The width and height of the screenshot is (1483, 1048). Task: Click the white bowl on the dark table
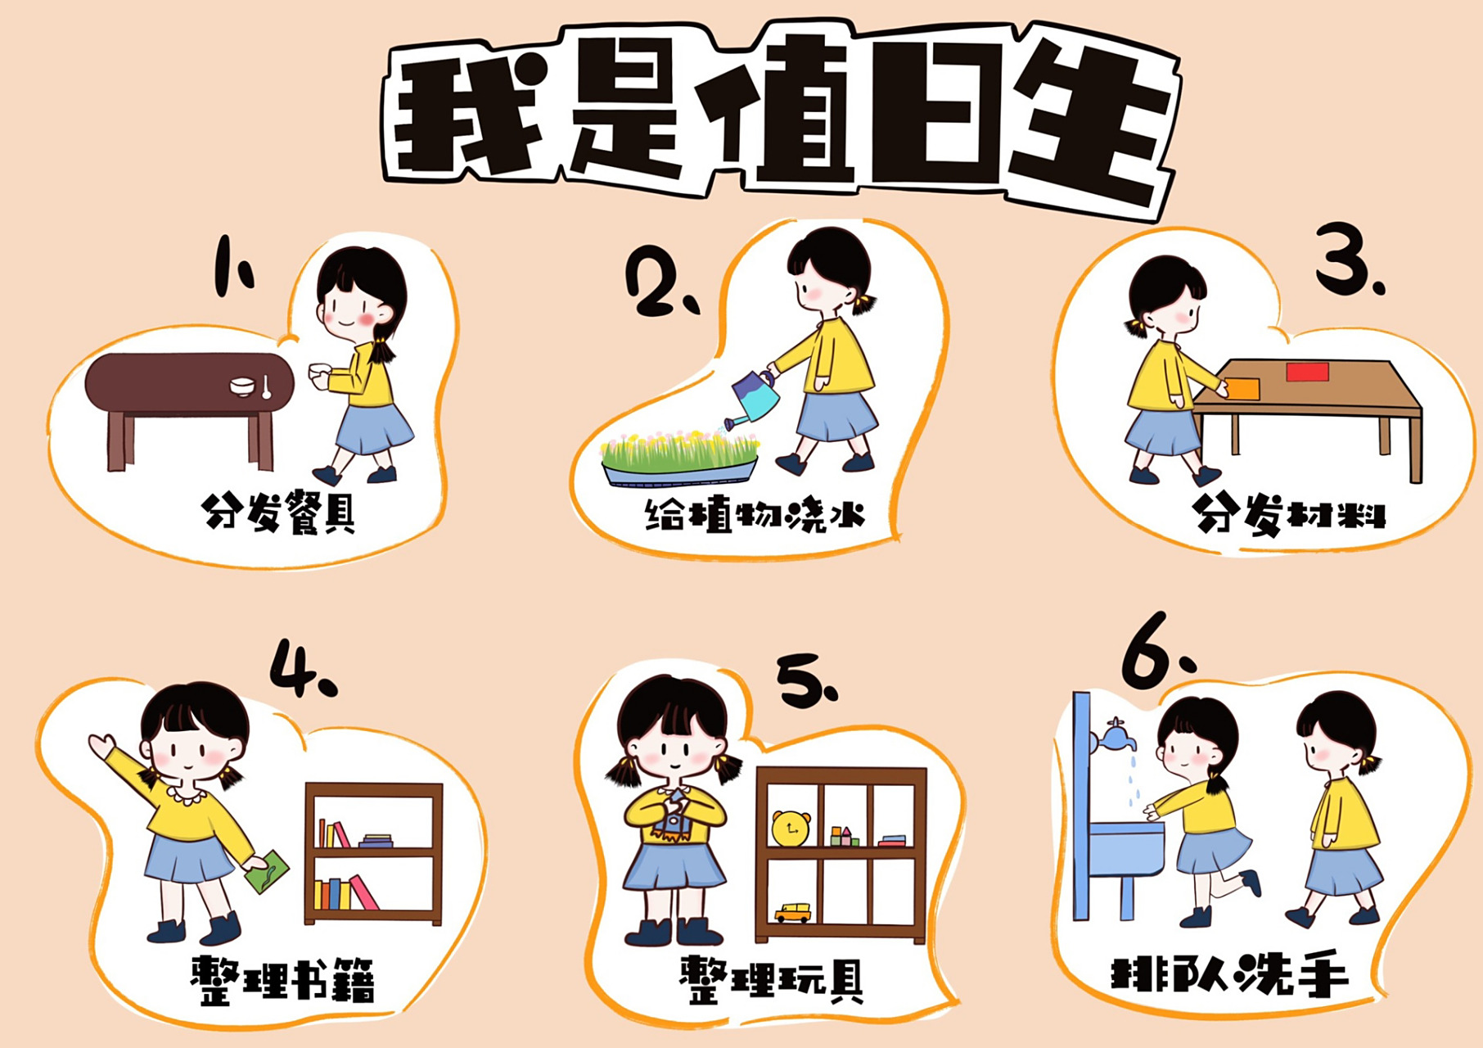click(x=242, y=386)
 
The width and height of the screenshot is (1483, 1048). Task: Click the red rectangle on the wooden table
click(x=1307, y=373)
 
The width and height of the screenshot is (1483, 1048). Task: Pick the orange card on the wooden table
click(x=1243, y=389)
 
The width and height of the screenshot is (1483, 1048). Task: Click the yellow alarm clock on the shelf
click(x=791, y=829)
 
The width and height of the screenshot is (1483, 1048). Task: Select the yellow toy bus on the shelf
click(x=792, y=912)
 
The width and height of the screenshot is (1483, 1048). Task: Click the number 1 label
click(x=232, y=266)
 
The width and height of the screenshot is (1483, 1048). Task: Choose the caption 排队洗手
click(x=1228, y=974)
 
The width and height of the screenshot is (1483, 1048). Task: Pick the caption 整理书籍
click(x=283, y=979)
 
